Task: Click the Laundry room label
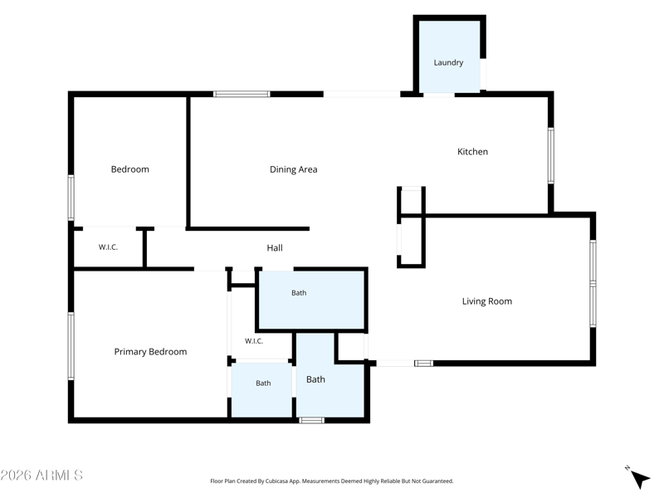[448, 63]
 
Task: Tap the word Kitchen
[472, 152]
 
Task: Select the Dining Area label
[294, 169]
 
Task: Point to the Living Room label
[487, 301]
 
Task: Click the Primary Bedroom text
[150, 351]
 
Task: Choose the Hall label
[275, 247]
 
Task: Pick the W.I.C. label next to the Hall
[108, 247]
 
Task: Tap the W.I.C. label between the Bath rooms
[254, 341]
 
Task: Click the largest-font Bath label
[315, 379]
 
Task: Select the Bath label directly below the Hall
[299, 293]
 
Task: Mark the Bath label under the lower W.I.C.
[263, 383]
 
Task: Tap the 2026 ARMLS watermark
[41, 475]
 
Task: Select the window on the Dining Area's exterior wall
[242, 94]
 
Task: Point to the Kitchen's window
[550, 155]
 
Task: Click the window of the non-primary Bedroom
[71, 198]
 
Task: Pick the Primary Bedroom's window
[71, 346]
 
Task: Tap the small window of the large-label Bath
[311, 420]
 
